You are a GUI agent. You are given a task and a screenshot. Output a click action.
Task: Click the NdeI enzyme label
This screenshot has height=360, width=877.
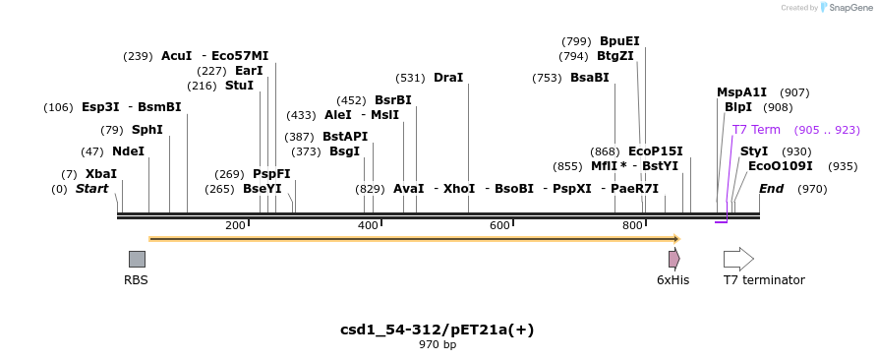click(x=128, y=151)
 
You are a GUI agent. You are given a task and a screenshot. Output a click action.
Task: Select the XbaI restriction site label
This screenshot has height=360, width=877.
click(x=100, y=173)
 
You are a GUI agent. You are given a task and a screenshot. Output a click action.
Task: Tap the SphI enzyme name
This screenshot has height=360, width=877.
click(x=146, y=130)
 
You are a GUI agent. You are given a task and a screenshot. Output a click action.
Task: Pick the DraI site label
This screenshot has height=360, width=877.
click(x=447, y=78)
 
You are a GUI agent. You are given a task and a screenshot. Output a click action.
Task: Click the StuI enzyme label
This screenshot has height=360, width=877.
click(x=239, y=86)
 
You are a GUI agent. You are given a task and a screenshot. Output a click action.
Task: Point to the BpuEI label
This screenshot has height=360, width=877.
click(x=619, y=41)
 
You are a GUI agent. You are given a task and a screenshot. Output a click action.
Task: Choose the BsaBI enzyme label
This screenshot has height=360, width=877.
click(x=589, y=78)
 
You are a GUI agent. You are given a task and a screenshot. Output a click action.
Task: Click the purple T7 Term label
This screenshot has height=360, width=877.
click(x=756, y=130)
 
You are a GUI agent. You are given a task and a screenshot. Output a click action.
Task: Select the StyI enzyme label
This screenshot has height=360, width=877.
click(x=754, y=151)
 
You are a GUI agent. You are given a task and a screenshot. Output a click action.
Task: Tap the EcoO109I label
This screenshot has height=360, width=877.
click(x=781, y=166)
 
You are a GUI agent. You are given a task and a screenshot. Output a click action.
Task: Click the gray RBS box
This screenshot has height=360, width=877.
click(x=137, y=259)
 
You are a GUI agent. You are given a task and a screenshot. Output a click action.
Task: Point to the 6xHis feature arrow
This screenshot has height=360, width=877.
click(x=673, y=259)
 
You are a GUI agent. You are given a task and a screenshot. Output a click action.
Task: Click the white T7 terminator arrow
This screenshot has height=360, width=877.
click(x=738, y=259)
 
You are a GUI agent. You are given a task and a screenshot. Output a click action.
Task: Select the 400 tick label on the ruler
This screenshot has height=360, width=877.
click(x=368, y=226)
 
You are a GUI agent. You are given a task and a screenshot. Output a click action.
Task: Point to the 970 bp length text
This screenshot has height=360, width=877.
click(x=438, y=345)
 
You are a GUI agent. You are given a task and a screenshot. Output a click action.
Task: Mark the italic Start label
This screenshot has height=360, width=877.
click(x=91, y=189)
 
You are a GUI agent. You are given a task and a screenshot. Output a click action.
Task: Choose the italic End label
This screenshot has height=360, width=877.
click(x=771, y=189)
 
